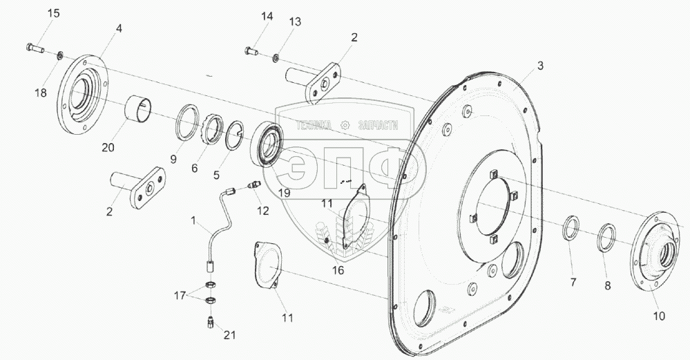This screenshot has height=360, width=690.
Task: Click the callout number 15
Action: [x=54, y=13]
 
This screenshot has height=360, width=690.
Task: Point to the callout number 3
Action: [x=540, y=66]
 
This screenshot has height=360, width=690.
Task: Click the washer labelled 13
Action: [x=276, y=55]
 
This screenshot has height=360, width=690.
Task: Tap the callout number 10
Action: [x=659, y=316]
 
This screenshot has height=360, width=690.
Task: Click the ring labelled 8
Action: [x=606, y=236]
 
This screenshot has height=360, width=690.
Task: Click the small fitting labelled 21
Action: [x=210, y=322]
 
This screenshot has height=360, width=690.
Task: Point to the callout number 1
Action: [x=195, y=220]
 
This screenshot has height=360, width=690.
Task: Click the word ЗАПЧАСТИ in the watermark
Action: [x=379, y=125]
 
